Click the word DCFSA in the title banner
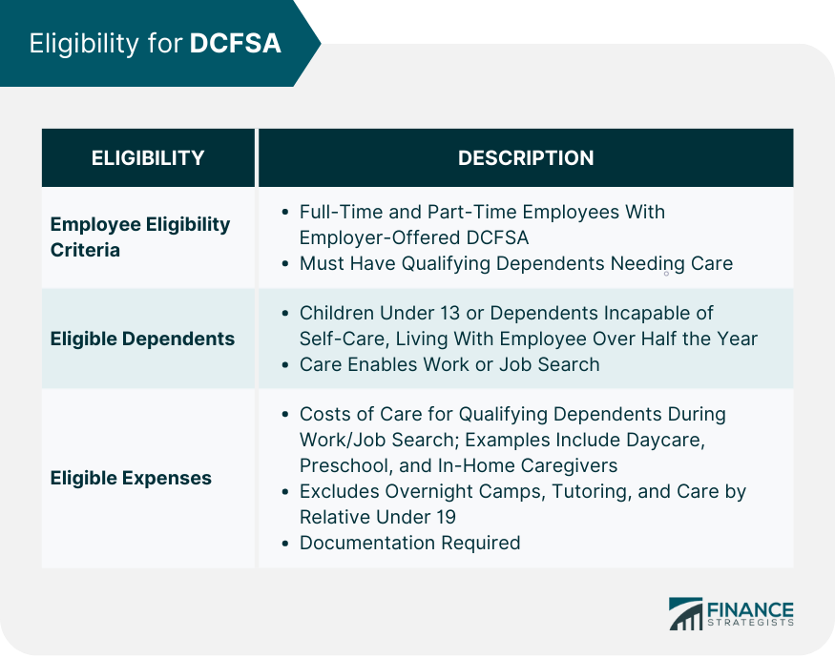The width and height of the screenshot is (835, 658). point(235,44)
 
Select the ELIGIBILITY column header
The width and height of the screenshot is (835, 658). point(148,158)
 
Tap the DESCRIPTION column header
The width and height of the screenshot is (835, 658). point(526,158)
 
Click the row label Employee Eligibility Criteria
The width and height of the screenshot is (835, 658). point(140,236)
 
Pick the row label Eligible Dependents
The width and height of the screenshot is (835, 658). point(142,339)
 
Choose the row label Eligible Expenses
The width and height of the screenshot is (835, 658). point(131,478)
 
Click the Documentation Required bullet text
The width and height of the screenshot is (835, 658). point(409,543)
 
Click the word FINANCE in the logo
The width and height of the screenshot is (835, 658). point(750,607)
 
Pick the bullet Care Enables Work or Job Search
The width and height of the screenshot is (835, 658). point(449,364)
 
